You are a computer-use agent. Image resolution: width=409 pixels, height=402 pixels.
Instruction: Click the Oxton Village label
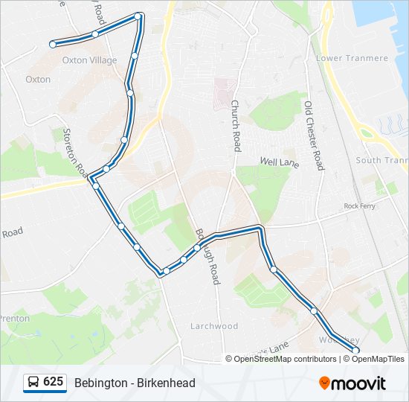[x=89, y=60]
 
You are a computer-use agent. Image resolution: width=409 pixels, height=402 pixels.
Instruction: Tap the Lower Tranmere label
[x=352, y=58]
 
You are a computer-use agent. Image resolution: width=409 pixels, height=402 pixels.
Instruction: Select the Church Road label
[x=236, y=126]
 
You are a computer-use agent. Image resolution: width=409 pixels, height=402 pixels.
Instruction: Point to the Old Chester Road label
[x=314, y=135]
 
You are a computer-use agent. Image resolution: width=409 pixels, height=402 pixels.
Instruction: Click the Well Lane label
[x=278, y=162]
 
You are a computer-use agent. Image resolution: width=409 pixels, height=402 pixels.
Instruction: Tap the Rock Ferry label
[x=358, y=205]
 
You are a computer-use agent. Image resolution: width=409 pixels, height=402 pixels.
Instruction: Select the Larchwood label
[x=213, y=326]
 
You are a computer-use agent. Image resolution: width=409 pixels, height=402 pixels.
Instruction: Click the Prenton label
[x=15, y=319]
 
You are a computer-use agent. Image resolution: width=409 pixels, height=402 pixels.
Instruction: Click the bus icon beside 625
[x=33, y=383]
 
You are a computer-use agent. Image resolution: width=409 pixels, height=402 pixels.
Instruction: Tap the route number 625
[x=53, y=382]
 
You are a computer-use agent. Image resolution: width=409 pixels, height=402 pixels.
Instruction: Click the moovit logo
[x=352, y=383]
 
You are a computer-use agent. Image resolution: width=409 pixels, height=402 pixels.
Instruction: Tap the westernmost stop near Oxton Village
[x=53, y=45]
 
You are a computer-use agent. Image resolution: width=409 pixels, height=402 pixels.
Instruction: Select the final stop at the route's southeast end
[x=355, y=350]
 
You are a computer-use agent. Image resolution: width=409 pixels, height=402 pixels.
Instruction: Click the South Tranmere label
[x=382, y=160]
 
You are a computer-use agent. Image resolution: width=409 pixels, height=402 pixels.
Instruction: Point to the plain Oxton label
[x=38, y=79]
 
